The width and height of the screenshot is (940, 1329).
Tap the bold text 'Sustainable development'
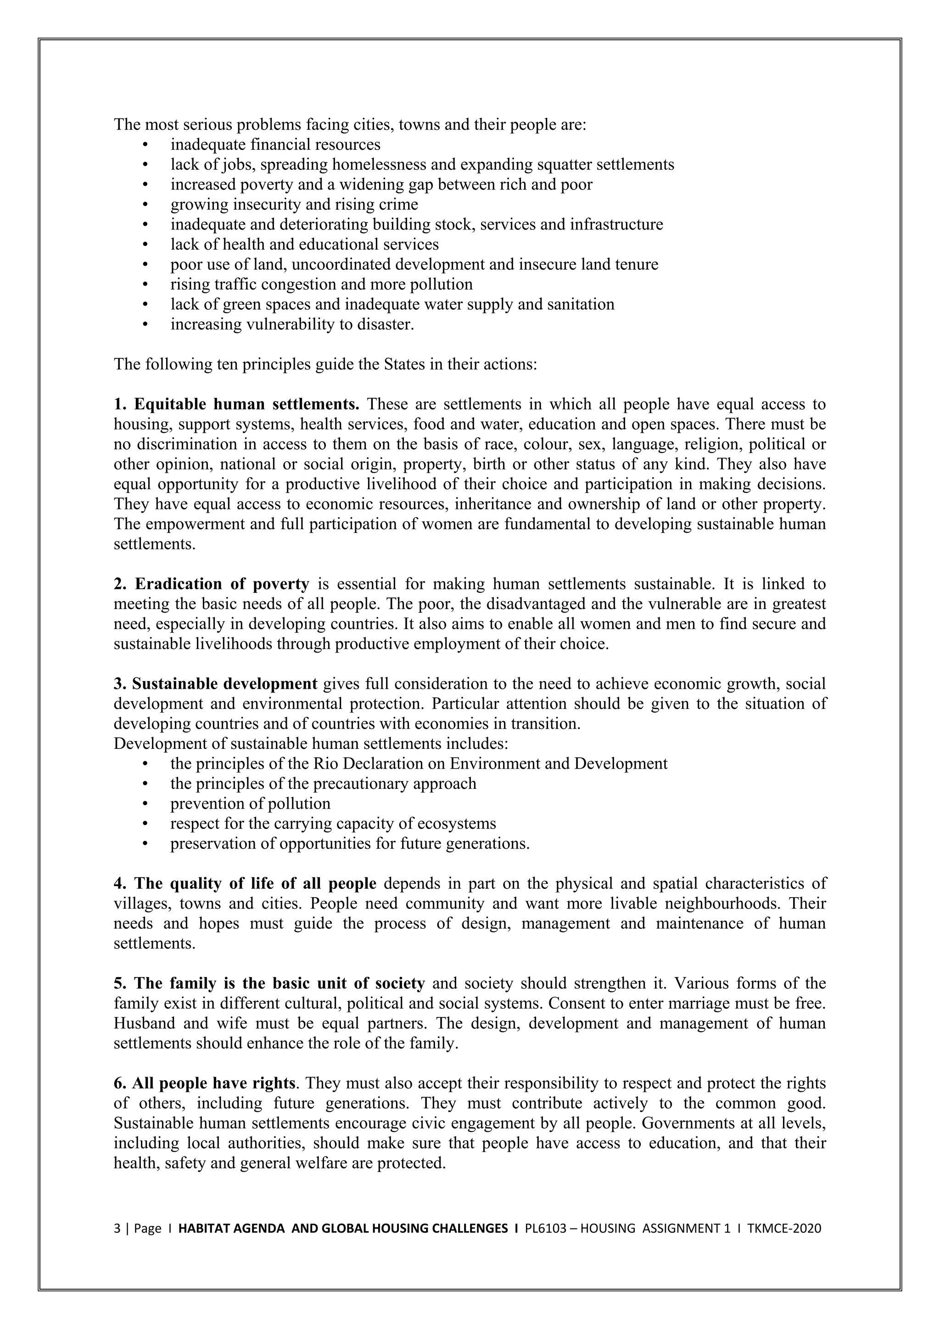(x=224, y=684)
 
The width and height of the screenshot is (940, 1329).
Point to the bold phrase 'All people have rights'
(x=213, y=1083)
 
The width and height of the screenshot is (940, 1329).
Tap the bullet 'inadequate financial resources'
(x=275, y=145)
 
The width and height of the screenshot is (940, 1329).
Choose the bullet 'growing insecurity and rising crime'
(x=294, y=204)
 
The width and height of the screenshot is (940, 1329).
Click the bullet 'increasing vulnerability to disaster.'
(x=292, y=324)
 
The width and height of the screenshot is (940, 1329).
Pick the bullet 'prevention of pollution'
(x=250, y=804)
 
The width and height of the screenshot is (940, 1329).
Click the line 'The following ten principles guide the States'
(x=326, y=364)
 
